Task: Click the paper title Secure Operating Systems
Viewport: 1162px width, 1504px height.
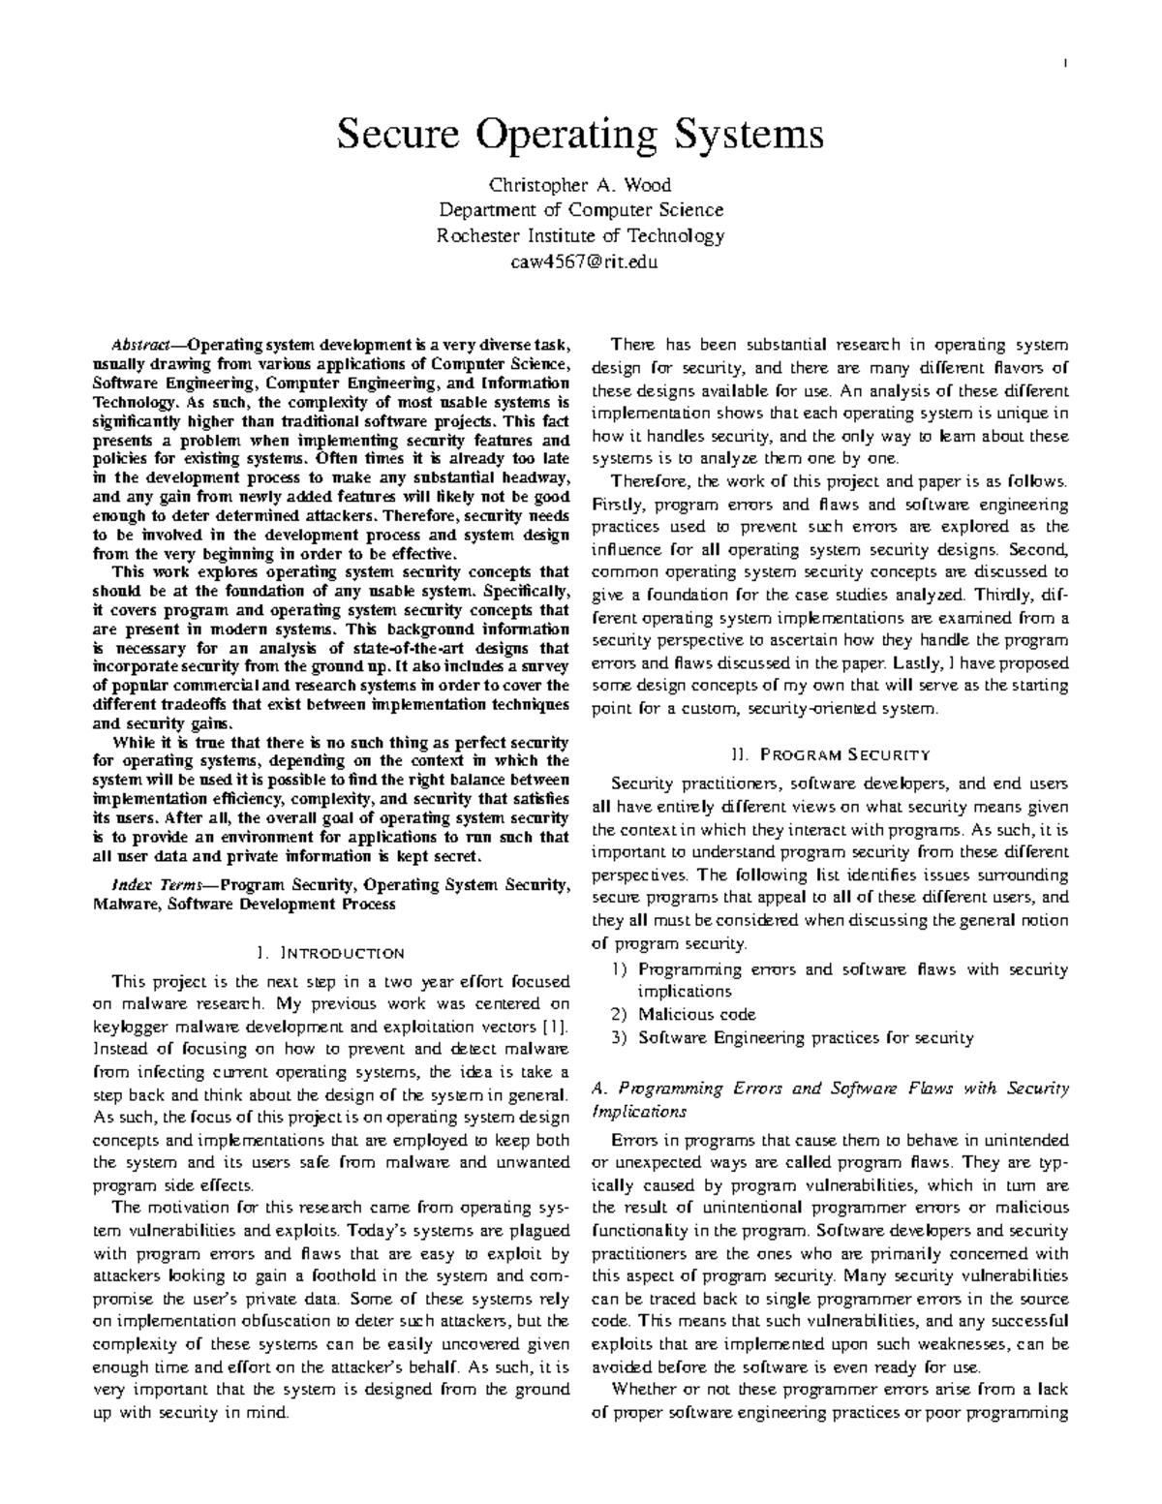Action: pos(580,134)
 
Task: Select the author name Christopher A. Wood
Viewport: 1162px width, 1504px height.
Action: pos(580,184)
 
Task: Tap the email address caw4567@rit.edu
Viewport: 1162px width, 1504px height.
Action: pos(580,261)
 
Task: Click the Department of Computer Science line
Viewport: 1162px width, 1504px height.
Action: pos(580,209)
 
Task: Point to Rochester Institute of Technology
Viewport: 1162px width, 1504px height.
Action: pos(580,235)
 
